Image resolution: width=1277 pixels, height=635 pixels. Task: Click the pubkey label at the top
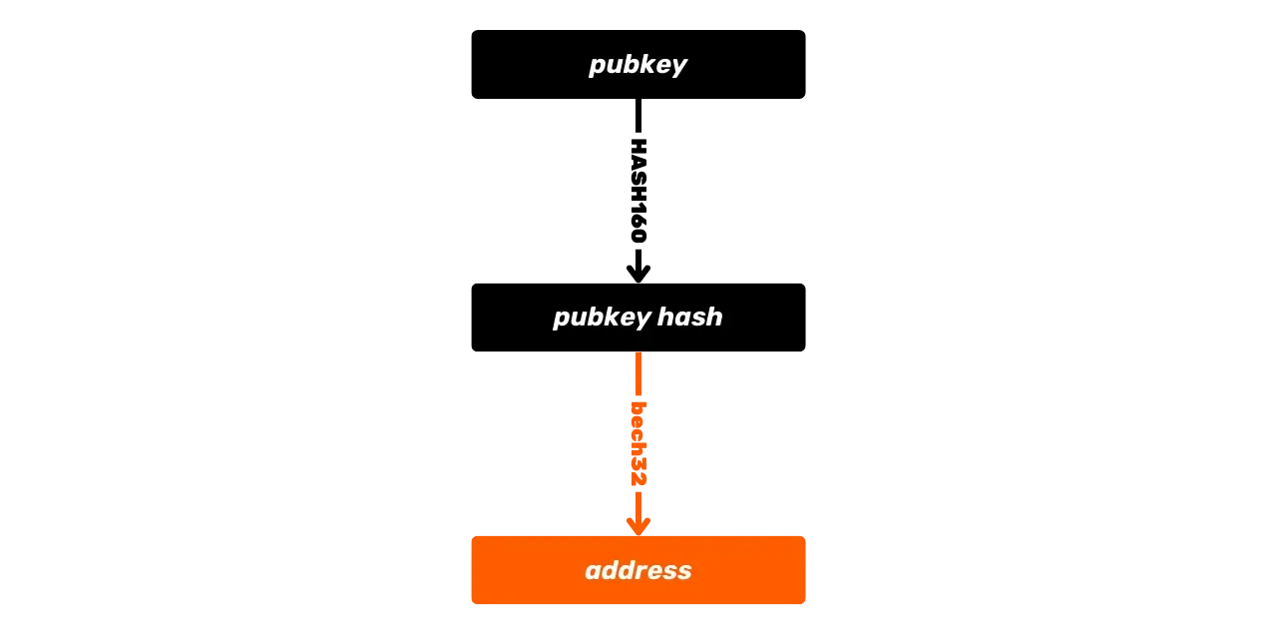click(x=638, y=65)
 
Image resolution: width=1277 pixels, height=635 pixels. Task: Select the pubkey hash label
click(x=638, y=317)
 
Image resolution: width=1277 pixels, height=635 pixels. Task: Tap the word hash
click(x=690, y=317)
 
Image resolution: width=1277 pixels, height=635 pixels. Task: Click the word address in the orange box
click(x=638, y=570)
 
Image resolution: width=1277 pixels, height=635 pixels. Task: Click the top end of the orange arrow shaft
click(x=638, y=356)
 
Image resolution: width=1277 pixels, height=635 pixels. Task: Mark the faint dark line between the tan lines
click(x=958, y=467)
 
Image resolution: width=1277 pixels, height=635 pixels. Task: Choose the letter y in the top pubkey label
click(x=678, y=67)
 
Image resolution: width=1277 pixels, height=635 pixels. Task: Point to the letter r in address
click(x=638, y=571)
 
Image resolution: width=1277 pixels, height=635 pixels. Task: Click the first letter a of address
click(x=593, y=571)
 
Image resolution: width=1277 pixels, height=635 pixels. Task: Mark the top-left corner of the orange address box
click(x=472, y=536)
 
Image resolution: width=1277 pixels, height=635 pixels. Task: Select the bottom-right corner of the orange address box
click(x=804, y=605)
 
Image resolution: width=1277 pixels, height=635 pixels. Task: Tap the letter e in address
click(x=653, y=571)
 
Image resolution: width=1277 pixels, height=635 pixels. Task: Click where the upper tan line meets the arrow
click(x=646, y=411)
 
